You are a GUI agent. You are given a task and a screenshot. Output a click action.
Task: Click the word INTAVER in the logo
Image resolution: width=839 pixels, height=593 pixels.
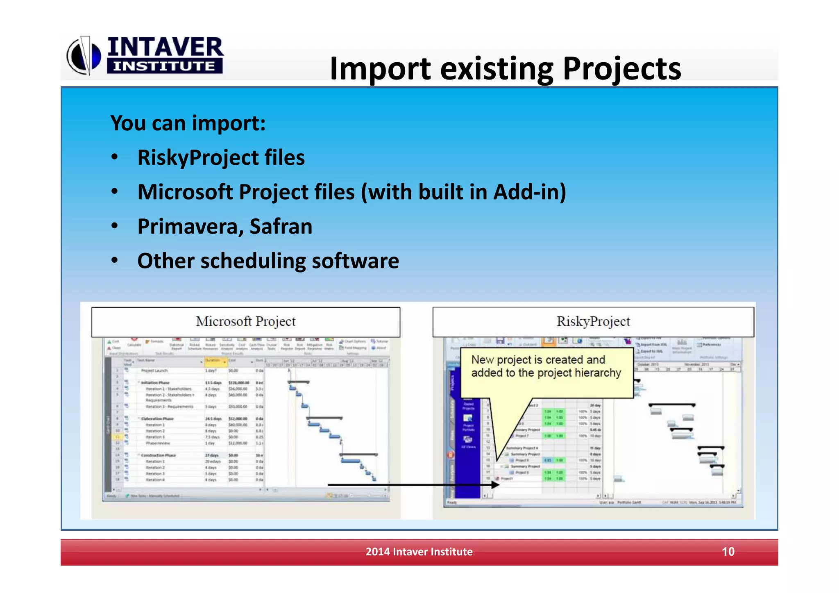(x=165, y=47)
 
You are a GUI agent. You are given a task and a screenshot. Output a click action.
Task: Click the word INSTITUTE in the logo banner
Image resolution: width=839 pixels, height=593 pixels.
(x=164, y=66)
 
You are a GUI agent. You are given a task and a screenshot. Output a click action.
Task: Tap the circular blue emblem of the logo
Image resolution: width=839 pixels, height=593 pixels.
(x=84, y=56)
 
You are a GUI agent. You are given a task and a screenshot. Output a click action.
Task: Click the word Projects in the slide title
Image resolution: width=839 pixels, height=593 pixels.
(x=621, y=69)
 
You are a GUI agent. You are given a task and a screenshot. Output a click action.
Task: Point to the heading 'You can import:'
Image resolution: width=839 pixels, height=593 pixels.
(x=188, y=123)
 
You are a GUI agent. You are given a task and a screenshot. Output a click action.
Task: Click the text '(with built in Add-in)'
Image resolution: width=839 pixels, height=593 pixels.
(x=463, y=192)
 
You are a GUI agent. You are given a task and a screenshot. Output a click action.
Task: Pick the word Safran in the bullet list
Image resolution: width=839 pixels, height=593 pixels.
(x=281, y=227)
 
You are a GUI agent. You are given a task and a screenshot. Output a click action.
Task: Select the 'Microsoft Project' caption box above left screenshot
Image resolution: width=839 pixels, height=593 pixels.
(x=245, y=322)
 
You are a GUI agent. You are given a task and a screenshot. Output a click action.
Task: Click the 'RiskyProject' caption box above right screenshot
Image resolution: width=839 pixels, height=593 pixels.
(x=593, y=322)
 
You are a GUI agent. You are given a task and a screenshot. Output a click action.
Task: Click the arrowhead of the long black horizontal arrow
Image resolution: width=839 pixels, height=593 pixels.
(x=496, y=485)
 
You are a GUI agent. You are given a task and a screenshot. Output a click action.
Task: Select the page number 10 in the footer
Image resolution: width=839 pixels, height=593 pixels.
(x=728, y=552)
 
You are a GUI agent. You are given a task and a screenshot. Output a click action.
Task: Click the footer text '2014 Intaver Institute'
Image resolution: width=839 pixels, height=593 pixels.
(x=419, y=552)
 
